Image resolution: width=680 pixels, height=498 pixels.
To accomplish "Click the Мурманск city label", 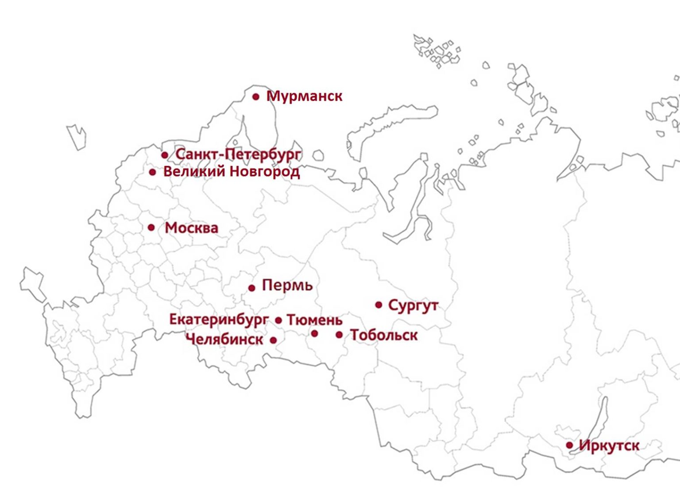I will pos(305,96).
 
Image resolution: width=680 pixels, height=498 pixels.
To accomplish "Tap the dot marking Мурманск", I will pos(256,97).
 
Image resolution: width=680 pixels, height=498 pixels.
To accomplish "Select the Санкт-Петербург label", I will pos(238,154).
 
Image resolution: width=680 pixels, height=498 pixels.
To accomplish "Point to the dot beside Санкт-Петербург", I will pos(165,155).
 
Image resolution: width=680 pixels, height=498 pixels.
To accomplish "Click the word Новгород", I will pos(265,171).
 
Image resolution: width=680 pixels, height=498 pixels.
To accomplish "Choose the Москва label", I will pos(191,228).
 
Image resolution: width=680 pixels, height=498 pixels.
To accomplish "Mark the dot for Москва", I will pos(151,228).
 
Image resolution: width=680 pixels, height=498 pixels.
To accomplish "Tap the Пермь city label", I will pos(287,285).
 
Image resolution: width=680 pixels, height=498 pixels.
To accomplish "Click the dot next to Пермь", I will pos(251,288).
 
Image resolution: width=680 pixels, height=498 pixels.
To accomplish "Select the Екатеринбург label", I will pos(219,319).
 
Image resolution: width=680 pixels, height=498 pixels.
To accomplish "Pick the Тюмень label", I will pos(315,320).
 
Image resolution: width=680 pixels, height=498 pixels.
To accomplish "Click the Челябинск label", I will pos(224,340).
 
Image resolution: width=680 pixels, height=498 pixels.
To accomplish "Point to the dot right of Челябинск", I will pos(273,340).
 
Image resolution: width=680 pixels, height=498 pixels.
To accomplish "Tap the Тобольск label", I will pos(384,335).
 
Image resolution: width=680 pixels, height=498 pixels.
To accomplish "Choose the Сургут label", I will pos(413,305).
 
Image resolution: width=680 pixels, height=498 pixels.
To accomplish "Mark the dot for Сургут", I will pos(379,305).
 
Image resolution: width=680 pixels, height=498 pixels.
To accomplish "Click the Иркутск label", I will pos(609,445).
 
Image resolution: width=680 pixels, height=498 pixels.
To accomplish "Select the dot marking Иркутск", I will pos(569,445).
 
